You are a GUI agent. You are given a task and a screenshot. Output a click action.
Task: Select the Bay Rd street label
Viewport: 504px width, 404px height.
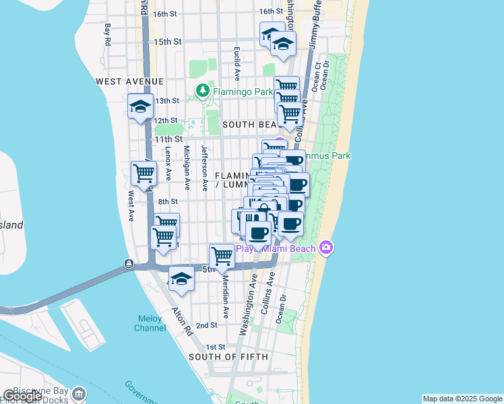pyautogui.click(x=107, y=35)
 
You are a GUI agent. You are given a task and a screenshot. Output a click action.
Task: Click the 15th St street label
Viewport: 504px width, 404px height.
pyautogui.click(x=168, y=42)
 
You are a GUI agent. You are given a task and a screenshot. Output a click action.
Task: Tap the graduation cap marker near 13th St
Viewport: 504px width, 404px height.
pyautogui.click(x=141, y=106)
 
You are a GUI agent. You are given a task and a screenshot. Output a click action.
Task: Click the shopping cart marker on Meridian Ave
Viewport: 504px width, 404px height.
pyautogui.click(x=222, y=256)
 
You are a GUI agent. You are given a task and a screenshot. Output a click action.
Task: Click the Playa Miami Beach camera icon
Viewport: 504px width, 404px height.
pyautogui.click(x=326, y=248)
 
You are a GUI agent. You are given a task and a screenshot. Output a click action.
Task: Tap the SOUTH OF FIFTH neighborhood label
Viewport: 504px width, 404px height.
pyautogui.click(x=228, y=356)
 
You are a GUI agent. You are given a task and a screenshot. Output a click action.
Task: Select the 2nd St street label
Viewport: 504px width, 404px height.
pyautogui.click(x=206, y=325)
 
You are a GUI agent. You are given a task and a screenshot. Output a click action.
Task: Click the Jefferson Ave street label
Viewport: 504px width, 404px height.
pyautogui.click(x=203, y=162)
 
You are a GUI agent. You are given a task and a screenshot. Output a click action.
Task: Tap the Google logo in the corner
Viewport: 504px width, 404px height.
pyautogui.click(x=22, y=396)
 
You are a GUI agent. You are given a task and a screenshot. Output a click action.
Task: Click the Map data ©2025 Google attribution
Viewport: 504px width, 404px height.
pyautogui.click(x=462, y=399)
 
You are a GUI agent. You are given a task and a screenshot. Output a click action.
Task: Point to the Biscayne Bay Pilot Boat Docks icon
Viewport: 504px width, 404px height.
pyautogui.click(x=79, y=393)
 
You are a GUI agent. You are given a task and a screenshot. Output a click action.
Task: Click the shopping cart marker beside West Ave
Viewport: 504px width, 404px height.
pyautogui.click(x=144, y=174)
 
